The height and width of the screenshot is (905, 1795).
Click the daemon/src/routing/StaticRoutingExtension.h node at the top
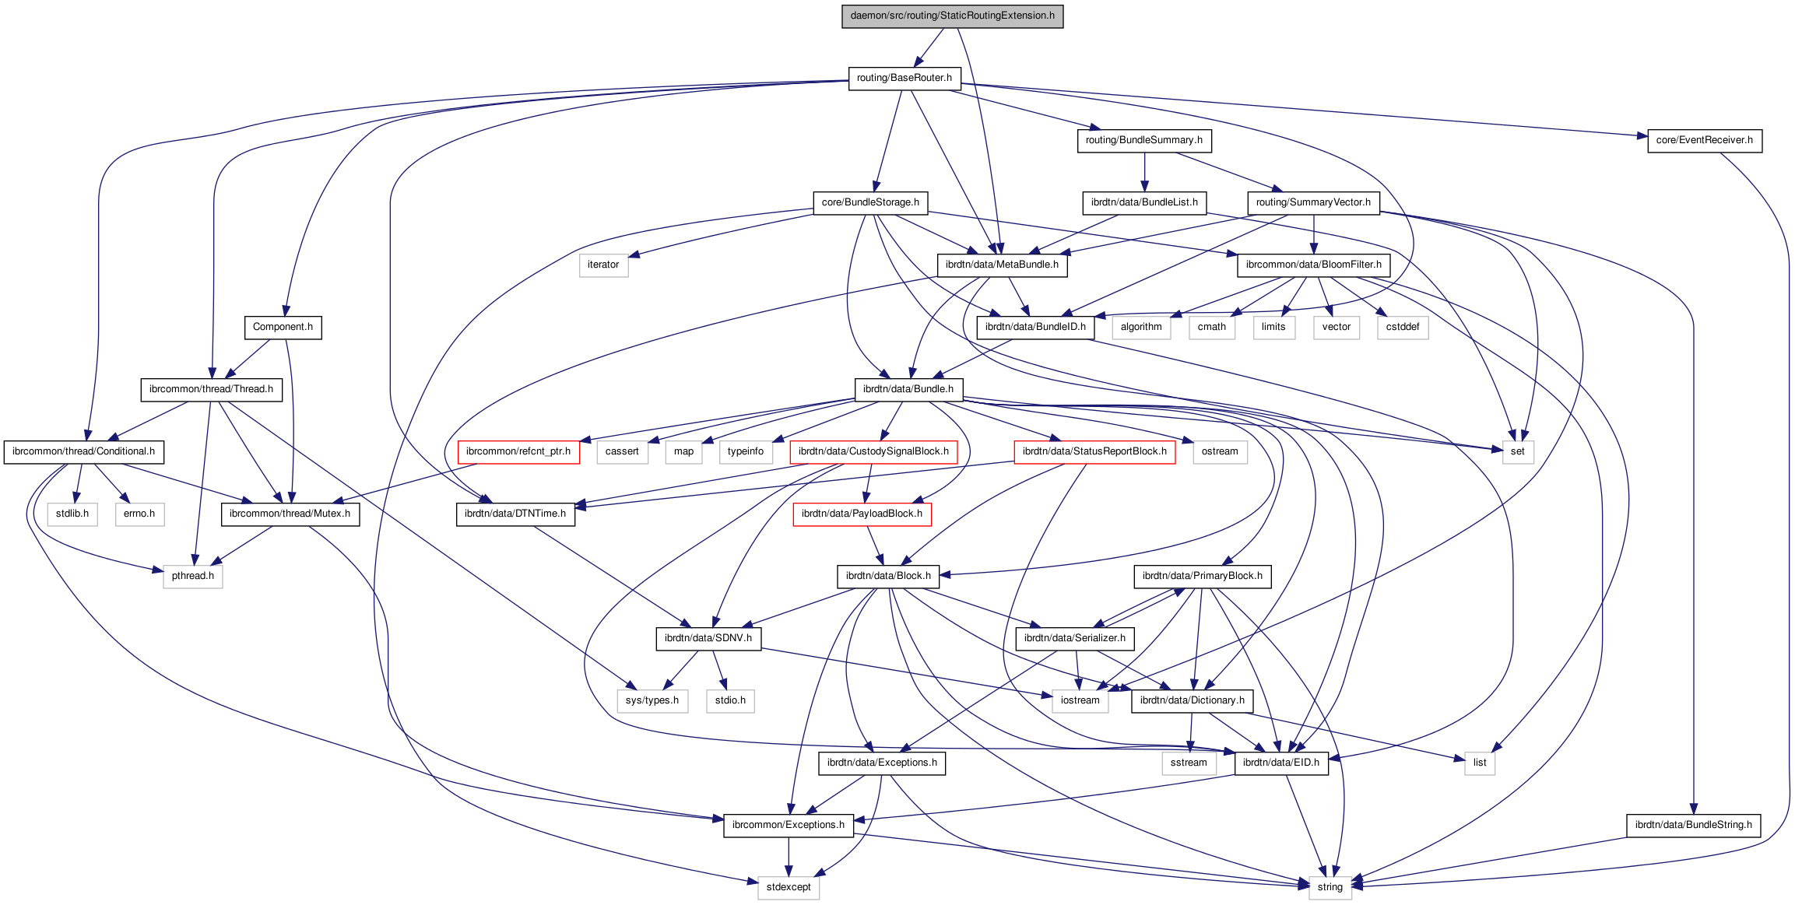[x=952, y=16]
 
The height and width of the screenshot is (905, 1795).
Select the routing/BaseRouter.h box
[x=904, y=78]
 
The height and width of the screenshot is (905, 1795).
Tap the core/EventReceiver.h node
[x=1704, y=140]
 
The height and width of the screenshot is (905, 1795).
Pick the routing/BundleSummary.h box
[x=1143, y=140]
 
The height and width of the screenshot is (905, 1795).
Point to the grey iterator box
[x=603, y=265]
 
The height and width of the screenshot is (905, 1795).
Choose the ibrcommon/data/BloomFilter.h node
[x=1313, y=265]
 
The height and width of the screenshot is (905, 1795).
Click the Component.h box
[x=283, y=327]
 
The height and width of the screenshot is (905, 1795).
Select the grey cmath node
[x=1211, y=327]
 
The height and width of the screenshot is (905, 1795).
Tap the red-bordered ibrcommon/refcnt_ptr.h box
[x=518, y=451]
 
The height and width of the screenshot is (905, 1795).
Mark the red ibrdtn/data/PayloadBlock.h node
[x=862, y=514]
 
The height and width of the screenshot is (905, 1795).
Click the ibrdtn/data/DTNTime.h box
[x=515, y=514]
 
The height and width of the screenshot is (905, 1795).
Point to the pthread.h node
[x=192, y=576]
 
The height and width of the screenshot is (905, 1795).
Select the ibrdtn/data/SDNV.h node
[x=708, y=638]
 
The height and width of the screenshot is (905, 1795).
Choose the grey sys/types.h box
[x=652, y=700]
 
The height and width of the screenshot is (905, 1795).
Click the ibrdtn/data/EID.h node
[x=1280, y=763]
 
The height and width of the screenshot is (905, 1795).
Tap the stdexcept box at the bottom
[x=788, y=887]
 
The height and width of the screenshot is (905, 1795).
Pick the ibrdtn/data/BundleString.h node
[x=1693, y=825]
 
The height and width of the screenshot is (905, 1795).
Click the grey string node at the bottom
[x=1330, y=887]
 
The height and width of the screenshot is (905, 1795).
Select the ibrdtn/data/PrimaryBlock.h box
[x=1202, y=576]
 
